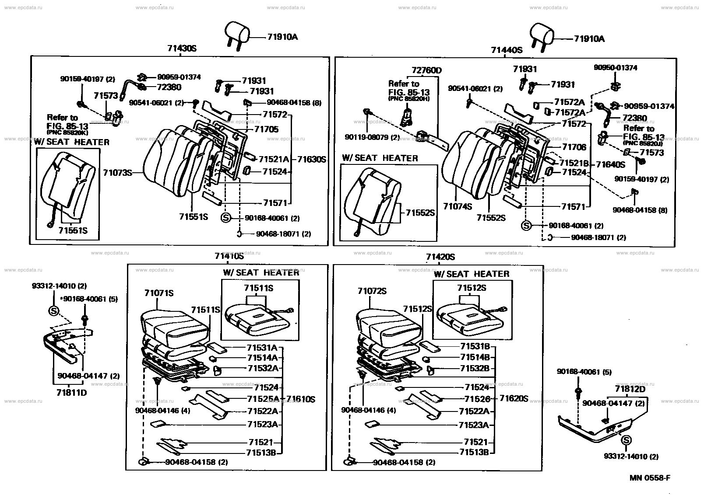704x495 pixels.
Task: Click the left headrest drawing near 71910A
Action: (236, 33)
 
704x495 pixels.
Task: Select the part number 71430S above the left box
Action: (181, 49)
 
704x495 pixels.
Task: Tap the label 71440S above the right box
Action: (507, 50)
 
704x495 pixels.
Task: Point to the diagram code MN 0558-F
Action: (650, 478)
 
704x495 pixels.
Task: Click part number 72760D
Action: (426, 70)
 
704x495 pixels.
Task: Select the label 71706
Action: (574, 147)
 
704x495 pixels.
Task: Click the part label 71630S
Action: (312, 160)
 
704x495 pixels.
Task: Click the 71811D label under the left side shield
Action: (71, 392)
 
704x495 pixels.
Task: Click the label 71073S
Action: (117, 173)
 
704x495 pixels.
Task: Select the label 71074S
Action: (458, 206)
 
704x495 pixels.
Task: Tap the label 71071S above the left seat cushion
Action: (159, 293)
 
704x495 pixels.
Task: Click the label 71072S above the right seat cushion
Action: (372, 291)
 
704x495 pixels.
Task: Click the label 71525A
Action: (263, 398)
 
